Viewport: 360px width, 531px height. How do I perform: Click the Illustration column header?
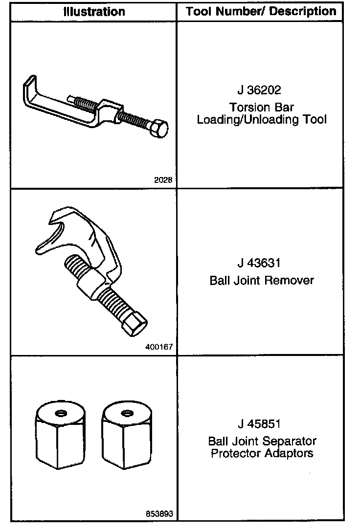pyautogui.click(x=94, y=12)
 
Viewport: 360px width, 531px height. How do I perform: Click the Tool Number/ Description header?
pyautogui.click(x=261, y=12)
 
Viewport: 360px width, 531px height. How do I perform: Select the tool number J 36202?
pyautogui.click(x=259, y=90)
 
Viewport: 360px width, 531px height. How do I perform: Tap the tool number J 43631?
pyautogui.click(x=259, y=263)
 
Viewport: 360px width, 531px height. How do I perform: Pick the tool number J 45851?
pyautogui.click(x=259, y=423)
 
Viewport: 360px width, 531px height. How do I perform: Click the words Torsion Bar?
pyautogui.click(x=262, y=108)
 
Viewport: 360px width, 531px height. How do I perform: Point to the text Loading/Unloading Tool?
pyautogui.click(x=262, y=119)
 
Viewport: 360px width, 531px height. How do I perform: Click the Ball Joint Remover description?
pyautogui.click(x=262, y=280)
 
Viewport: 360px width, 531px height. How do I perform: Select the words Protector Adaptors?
pyautogui.click(x=262, y=453)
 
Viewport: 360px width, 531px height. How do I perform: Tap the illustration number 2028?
pyautogui.click(x=163, y=180)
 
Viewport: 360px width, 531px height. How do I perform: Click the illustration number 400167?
pyautogui.click(x=159, y=347)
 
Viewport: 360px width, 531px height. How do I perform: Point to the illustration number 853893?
pyautogui.click(x=159, y=514)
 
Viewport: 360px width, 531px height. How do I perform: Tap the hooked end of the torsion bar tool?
pyautogui.click(x=29, y=88)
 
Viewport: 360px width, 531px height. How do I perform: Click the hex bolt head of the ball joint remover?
pyautogui.click(x=135, y=324)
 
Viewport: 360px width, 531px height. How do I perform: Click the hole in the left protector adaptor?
pyautogui.click(x=61, y=413)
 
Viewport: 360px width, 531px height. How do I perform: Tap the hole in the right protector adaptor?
pyautogui.click(x=127, y=413)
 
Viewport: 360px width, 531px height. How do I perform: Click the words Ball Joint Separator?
pyautogui.click(x=262, y=441)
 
